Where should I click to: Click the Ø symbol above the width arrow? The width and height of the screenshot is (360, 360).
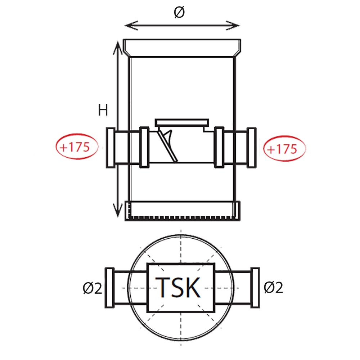(x=179, y=12)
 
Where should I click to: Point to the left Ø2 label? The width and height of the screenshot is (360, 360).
(x=92, y=288)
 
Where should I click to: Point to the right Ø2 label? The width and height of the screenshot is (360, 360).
(x=273, y=287)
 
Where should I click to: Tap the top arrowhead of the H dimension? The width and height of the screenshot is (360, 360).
(x=118, y=48)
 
